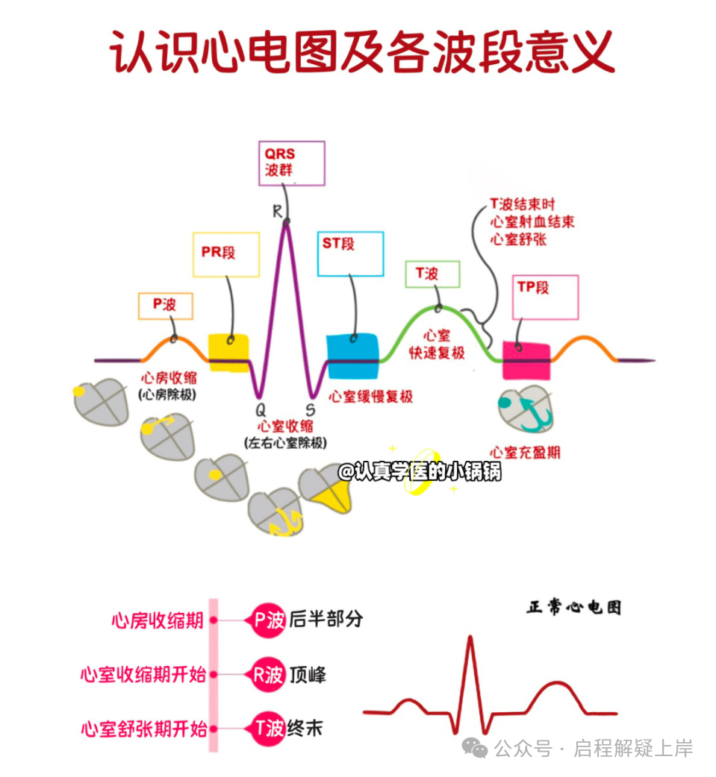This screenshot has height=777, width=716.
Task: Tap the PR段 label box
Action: point(225,254)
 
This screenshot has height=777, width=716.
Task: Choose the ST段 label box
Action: point(351,254)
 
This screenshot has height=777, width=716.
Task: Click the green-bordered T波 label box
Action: point(432,274)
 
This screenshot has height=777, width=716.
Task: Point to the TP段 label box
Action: point(547,297)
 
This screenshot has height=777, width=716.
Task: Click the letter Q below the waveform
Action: point(260,410)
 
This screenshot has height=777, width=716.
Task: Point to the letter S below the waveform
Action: point(311,410)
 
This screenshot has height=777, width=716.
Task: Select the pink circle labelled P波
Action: point(268,620)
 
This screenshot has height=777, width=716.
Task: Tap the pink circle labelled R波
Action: point(268,675)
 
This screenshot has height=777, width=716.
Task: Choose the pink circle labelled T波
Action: point(268,729)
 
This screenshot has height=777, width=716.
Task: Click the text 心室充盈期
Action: point(526,452)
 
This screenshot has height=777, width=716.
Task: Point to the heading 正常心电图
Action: point(573,607)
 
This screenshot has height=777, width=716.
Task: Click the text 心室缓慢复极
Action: point(371,397)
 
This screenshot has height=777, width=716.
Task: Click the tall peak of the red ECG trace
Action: point(470,638)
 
